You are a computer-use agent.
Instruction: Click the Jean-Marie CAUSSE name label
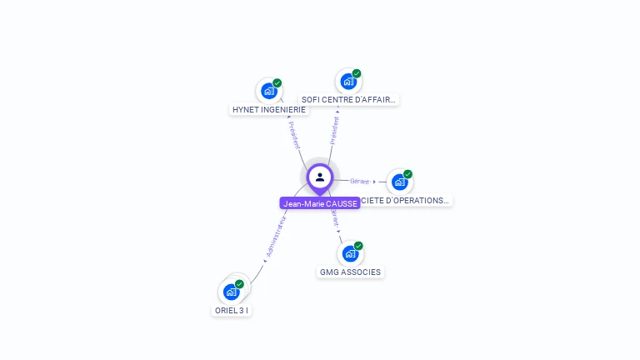320,203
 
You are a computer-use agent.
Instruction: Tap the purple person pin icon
320,177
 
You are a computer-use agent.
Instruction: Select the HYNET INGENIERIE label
269,109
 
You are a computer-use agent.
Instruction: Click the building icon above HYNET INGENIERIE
268,91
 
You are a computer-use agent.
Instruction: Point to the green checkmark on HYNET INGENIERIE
277,83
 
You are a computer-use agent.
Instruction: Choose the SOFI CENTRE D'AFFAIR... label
349,99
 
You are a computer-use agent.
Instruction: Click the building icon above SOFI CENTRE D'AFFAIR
348,82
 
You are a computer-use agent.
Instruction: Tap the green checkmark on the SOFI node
357,73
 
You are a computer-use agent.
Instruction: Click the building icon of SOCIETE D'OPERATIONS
400,182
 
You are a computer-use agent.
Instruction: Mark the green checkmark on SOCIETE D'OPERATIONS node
408,174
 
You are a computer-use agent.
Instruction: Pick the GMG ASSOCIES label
351,272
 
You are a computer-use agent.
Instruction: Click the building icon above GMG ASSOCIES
350,253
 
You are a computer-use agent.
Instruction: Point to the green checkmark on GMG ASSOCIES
358,246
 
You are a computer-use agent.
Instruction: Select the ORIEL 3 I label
231,310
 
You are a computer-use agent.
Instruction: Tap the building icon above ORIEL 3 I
231,292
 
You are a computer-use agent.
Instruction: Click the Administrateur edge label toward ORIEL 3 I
276,238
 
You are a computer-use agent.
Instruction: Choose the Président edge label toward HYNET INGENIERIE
294,135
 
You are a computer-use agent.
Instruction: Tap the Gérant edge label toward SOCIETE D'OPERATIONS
360,181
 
